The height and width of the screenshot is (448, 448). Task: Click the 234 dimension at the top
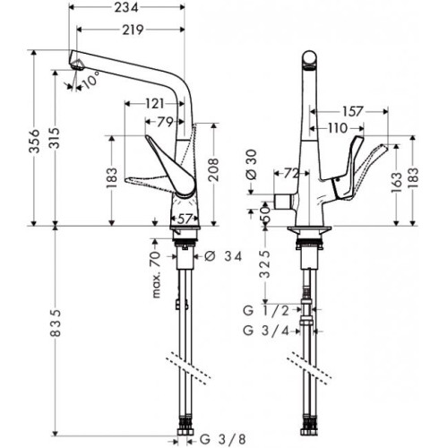tap(126, 8)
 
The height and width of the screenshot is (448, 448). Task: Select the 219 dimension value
tap(133, 30)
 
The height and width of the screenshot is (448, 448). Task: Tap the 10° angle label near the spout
tap(90, 80)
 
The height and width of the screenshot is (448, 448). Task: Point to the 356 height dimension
tap(35, 141)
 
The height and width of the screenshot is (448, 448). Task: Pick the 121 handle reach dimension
tap(155, 104)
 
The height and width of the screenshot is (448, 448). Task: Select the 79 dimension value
tap(165, 122)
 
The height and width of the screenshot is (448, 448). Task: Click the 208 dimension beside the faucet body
tap(213, 169)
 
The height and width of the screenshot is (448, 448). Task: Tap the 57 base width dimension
tap(185, 220)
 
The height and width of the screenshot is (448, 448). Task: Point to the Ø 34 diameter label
tap(223, 256)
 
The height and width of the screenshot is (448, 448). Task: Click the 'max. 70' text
tap(156, 274)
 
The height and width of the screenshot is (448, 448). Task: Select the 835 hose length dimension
tap(56, 323)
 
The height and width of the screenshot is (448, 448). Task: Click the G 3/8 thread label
tap(223, 439)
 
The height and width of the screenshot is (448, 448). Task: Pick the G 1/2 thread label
tap(266, 311)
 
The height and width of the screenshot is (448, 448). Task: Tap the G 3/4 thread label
tap(266, 331)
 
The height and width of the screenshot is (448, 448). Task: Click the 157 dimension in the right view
tap(352, 111)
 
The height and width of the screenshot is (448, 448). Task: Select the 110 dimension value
tap(338, 128)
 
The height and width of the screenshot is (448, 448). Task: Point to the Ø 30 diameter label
tap(253, 165)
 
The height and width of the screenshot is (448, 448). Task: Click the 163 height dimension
tap(396, 182)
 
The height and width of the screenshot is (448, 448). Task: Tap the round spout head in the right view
tap(309, 59)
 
